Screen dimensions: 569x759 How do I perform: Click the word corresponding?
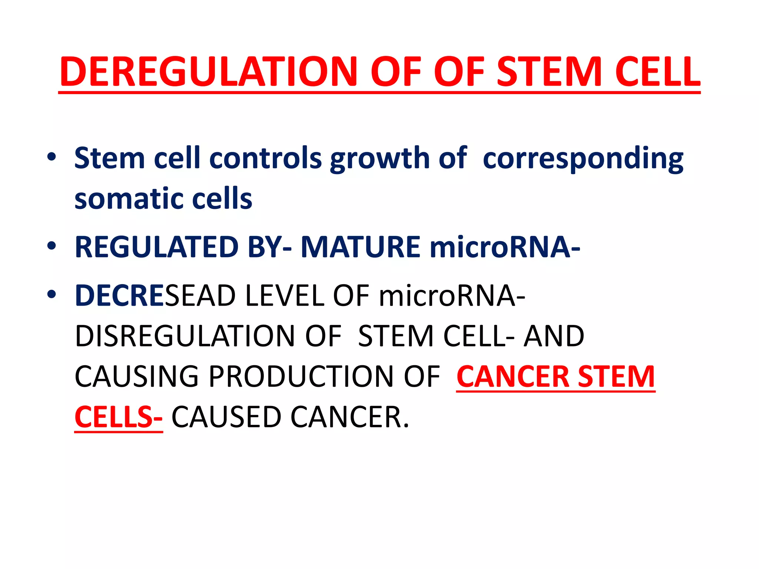(583, 158)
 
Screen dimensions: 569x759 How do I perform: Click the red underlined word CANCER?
(513, 376)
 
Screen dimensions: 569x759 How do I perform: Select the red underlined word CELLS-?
(118, 417)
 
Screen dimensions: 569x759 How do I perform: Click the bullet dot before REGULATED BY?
(52, 246)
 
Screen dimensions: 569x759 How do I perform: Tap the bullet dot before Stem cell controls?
(52, 157)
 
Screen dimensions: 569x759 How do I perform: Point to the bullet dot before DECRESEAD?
(52, 294)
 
